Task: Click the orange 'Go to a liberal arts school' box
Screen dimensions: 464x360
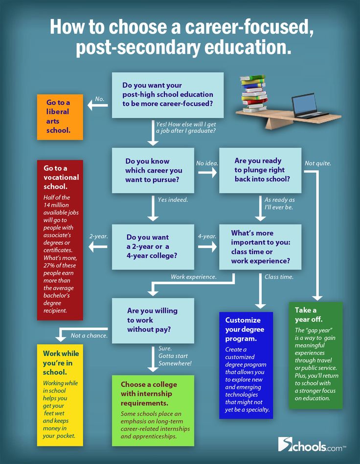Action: (x=60, y=117)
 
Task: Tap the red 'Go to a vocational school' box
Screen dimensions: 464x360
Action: (x=60, y=240)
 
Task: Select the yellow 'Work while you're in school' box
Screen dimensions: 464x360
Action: (x=60, y=395)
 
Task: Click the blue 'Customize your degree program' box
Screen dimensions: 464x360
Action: (x=246, y=365)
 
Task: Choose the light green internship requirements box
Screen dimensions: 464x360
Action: (x=153, y=410)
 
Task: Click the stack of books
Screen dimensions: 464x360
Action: (x=255, y=93)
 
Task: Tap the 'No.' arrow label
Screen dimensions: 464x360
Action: (x=100, y=99)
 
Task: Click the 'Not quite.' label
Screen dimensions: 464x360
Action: (x=318, y=163)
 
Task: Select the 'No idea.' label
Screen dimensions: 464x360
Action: (x=207, y=163)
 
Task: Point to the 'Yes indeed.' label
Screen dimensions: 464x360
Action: (x=173, y=199)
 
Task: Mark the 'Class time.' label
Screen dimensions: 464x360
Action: (x=279, y=277)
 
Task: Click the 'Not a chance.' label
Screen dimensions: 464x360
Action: (x=89, y=335)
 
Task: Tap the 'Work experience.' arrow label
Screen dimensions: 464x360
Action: (x=193, y=277)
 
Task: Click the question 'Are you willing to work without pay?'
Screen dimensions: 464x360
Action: (x=153, y=320)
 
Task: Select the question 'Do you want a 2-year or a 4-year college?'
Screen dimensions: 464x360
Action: (x=153, y=246)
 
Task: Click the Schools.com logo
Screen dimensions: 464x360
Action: (x=312, y=444)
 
